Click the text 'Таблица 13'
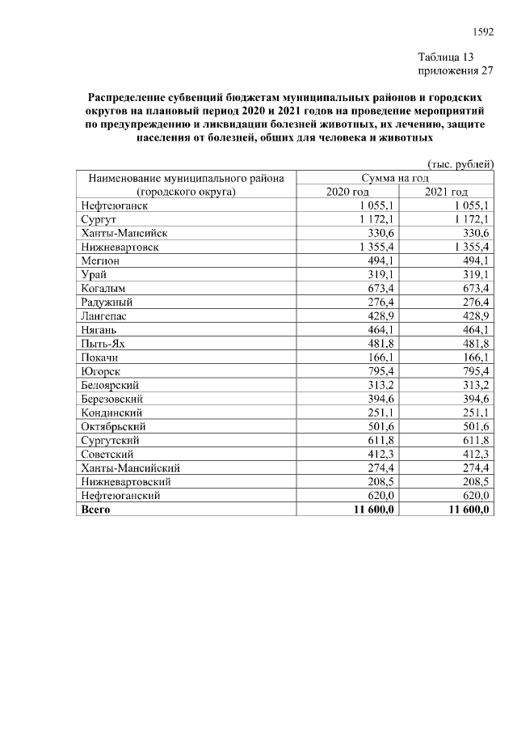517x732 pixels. (445, 57)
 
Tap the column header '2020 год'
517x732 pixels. (347, 192)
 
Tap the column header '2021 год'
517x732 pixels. (446, 192)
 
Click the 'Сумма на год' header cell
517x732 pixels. (396, 178)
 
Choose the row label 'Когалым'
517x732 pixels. (103, 288)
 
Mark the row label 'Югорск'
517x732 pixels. (100, 371)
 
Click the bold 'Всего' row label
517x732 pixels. (96, 510)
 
